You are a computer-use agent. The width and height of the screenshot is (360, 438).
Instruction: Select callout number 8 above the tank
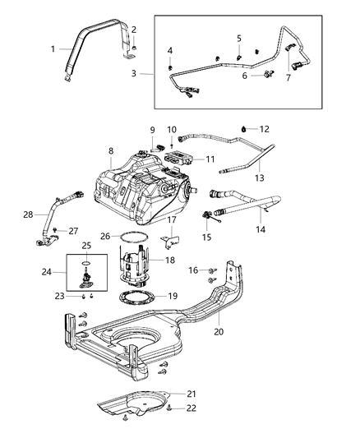point(110,150)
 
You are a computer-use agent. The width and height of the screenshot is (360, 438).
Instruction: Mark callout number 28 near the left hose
point(28,214)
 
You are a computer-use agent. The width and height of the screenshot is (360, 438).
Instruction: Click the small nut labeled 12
point(244,128)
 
